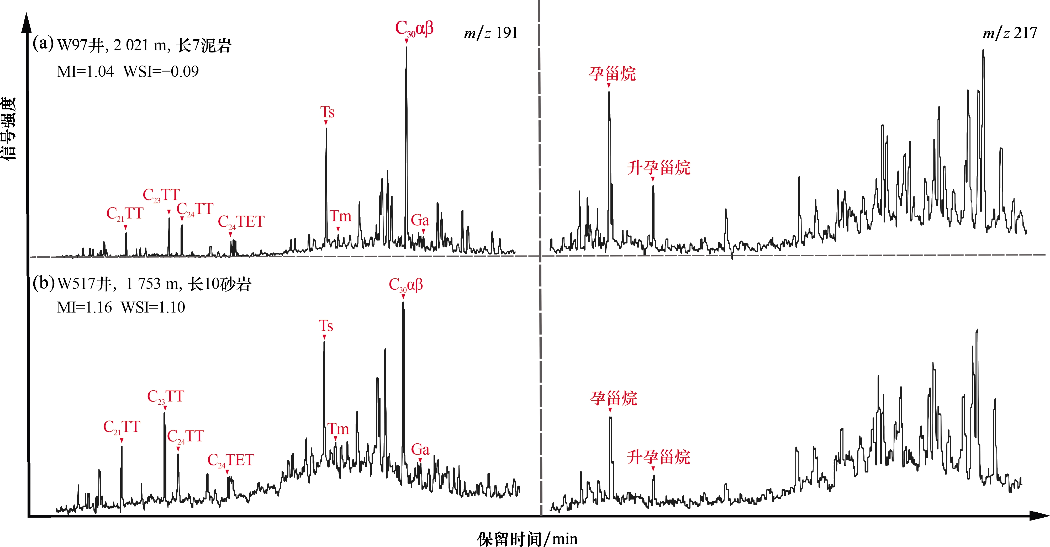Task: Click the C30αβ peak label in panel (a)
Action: [414, 29]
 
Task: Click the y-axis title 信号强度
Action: [9, 128]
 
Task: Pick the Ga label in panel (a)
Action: [420, 221]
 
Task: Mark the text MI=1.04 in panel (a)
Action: [85, 72]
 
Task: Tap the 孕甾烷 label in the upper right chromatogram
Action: [612, 74]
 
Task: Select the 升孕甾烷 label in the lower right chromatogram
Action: [658, 457]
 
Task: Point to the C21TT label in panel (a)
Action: [125, 214]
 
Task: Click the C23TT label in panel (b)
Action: [166, 397]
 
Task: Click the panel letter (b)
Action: [43, 283]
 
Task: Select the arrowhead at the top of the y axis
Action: [27, 22]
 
